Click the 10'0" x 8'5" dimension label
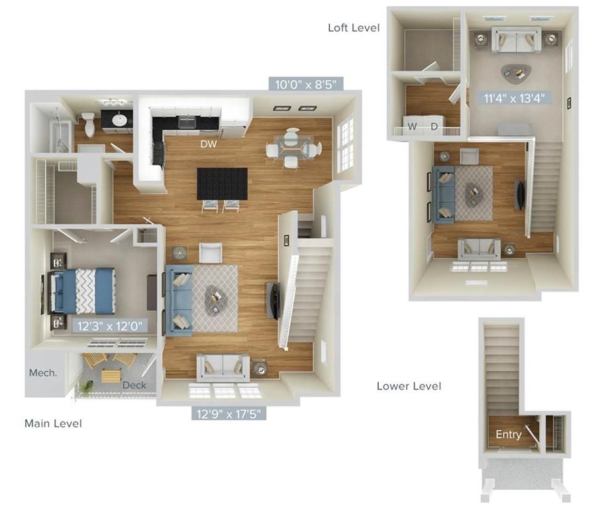(x=307, y=84)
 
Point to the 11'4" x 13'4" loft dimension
(x=514, y=98)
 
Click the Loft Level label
(x=354, y=27)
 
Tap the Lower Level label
(x=408, y=386)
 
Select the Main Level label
(x=53, y=423)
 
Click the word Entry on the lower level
(x=509, y=435)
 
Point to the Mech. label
(x=43, y=373)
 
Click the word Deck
(x=134, y=386)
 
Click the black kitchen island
(x=222, y=183)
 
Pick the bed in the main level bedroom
(x=84, y=290)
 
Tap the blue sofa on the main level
(x=179, y=298)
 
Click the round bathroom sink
(x=119, y=120)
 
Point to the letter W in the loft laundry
(x=413, y=126)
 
